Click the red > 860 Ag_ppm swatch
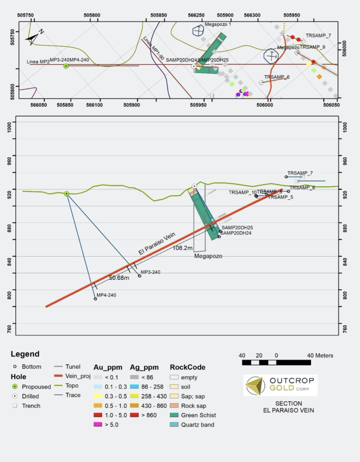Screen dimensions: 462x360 click(134, 415)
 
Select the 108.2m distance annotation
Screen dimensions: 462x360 click(183, 247)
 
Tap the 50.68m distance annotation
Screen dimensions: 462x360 click(119, 278)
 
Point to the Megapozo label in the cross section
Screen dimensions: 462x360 click(208, 256)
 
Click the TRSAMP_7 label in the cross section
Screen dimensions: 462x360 click(300, 173)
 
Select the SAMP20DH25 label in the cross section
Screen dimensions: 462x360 click(237, 227)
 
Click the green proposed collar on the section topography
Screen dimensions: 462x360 click(67, 193)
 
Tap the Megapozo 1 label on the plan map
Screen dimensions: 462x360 click(218, 24)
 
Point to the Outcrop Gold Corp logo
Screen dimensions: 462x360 click(281, 385)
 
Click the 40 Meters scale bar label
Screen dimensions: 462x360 click(320, 356)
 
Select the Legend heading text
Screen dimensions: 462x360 click(25, 354)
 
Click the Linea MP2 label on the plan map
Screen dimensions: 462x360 click(38, 62)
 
